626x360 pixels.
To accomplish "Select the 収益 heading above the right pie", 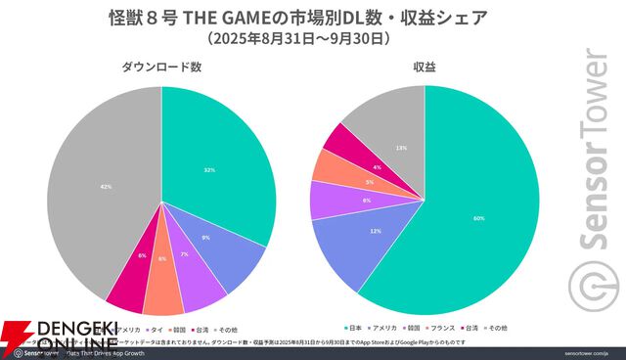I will pos(424,67).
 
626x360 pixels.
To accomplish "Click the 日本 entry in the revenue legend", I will pos(355,327).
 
